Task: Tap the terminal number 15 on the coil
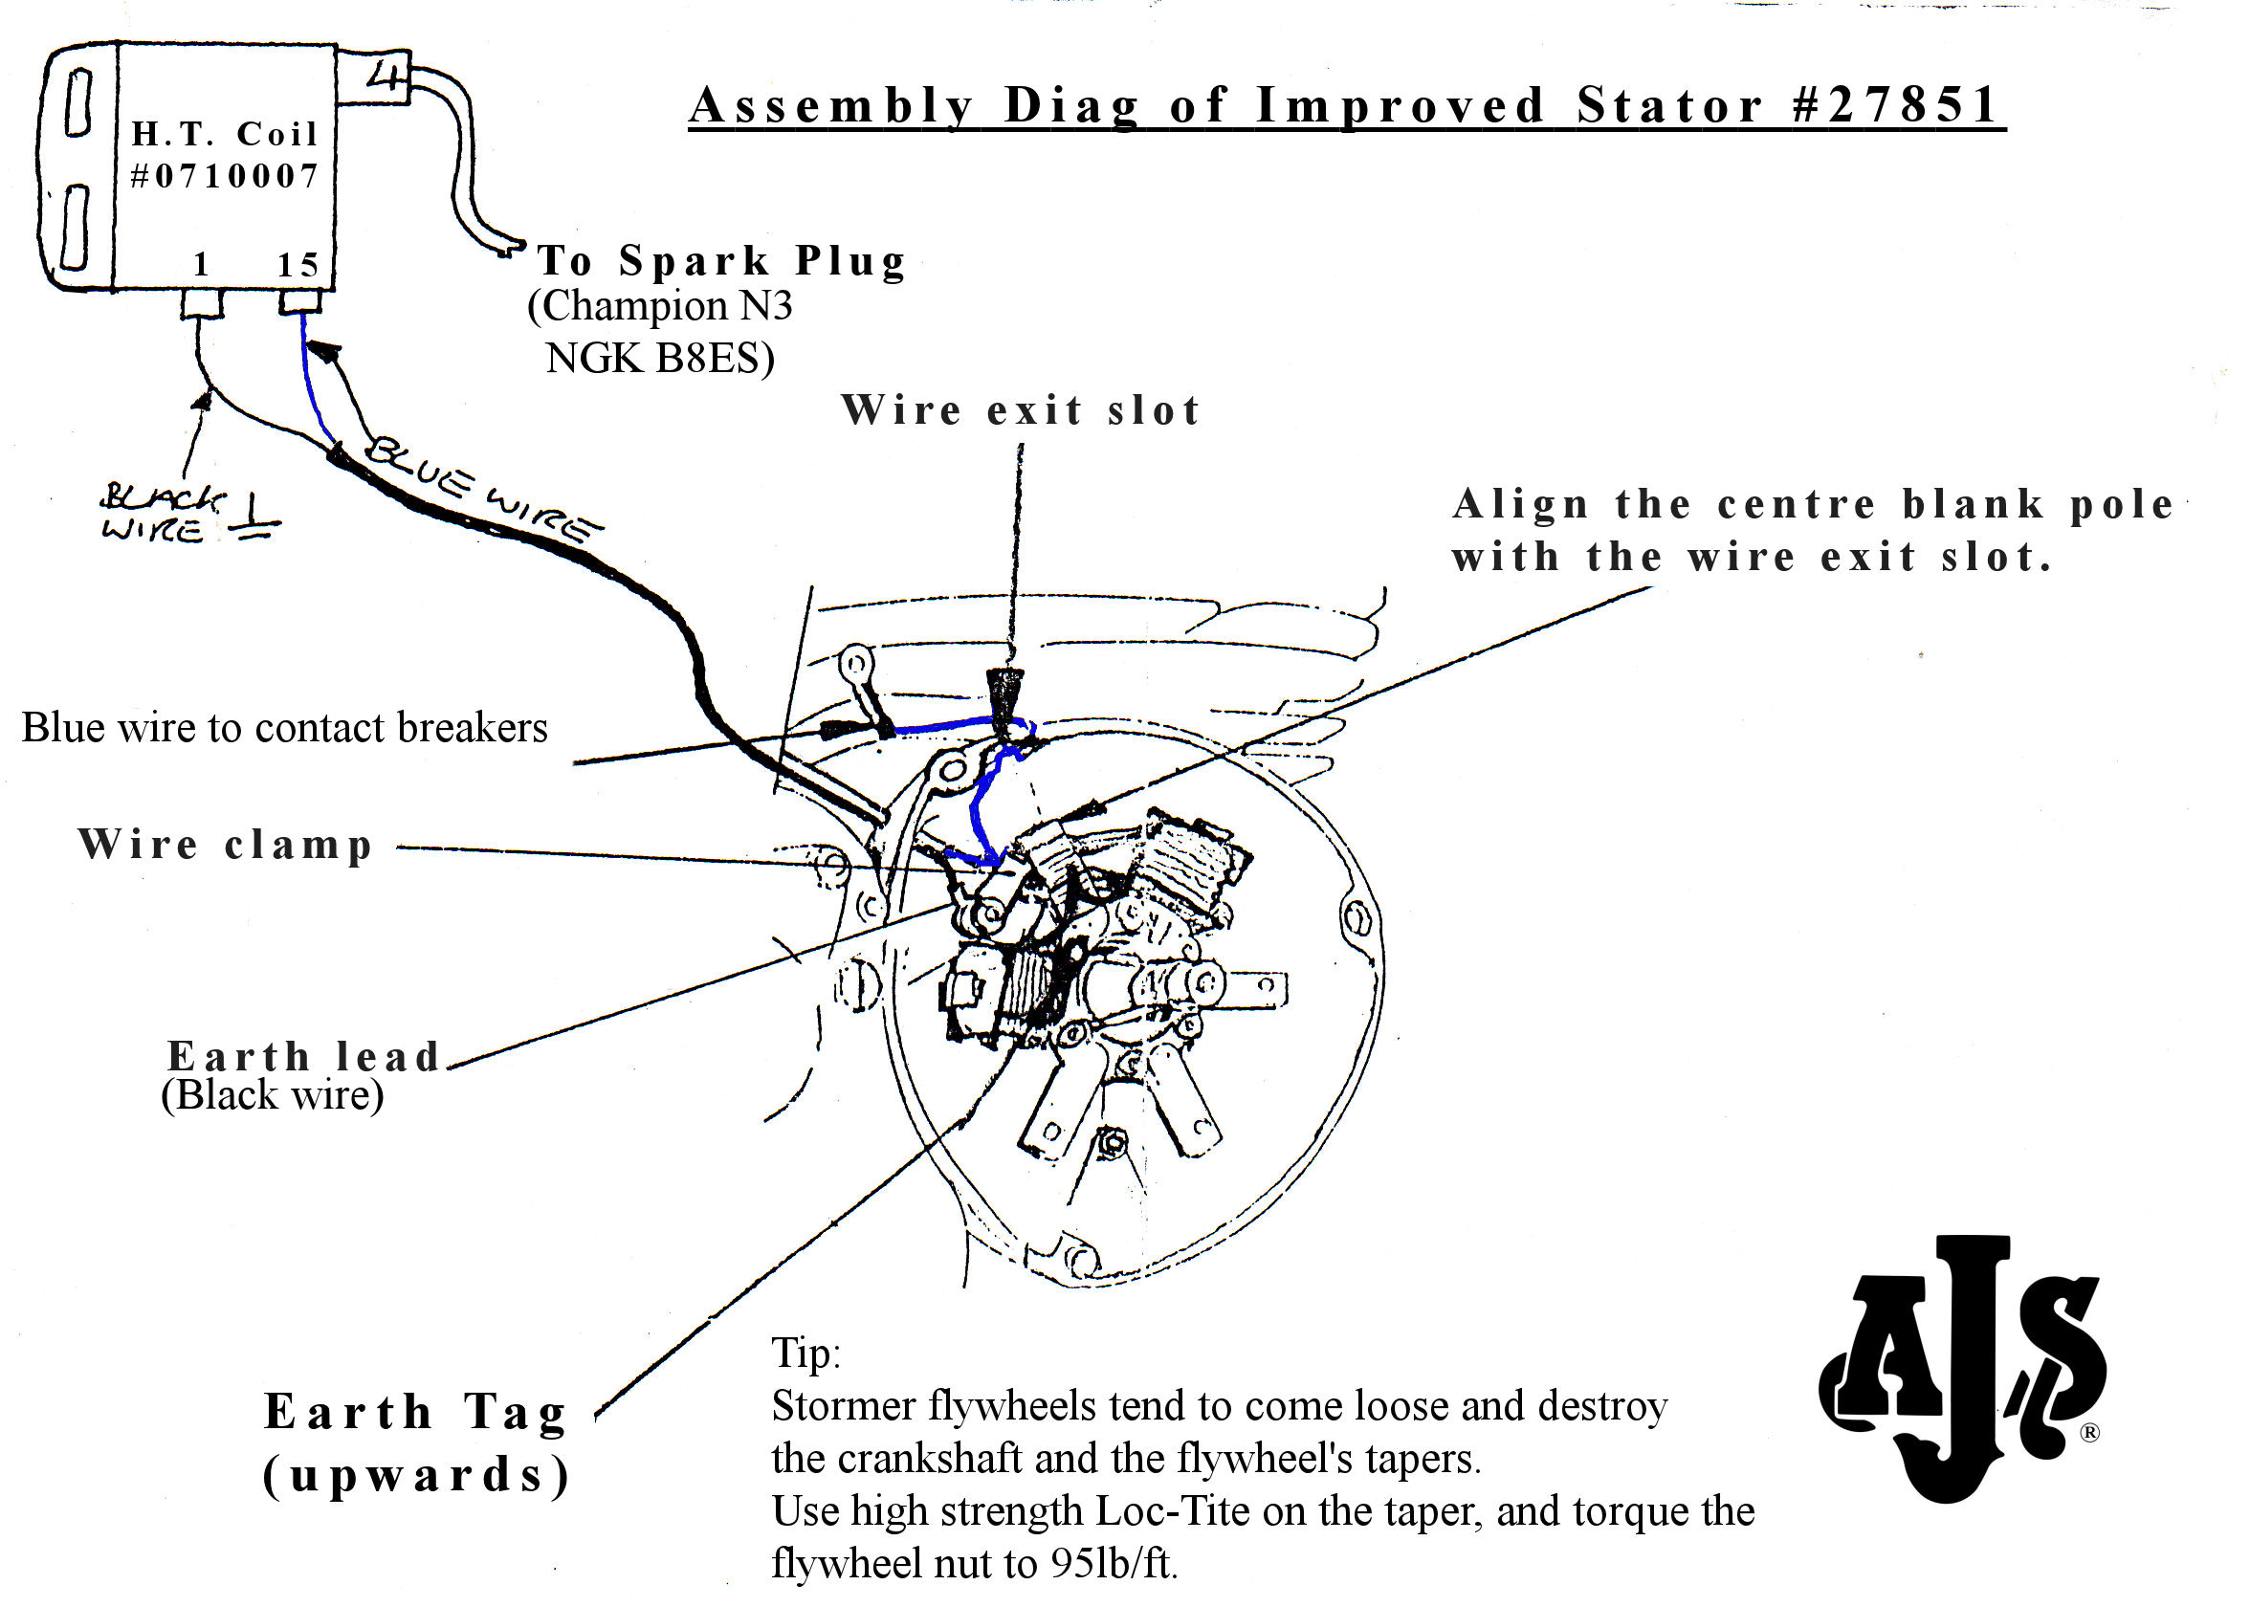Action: pyautogui.click(x=298, y=265)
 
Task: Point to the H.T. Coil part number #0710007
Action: pyautogui.click(x=225, y=176)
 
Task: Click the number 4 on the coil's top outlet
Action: pyautogui.click(x=386, y=76)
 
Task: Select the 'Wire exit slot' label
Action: pyautogui.click(x=1020, y=409)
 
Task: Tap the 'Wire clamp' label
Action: pyautogui.click(x=226, y=845)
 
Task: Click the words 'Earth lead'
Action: pyautogui.click(x=302, y=1057)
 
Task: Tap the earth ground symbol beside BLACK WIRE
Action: pyautogui.click(x=254, y=519)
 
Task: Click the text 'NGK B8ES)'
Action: pyautogui.click(x=660, y=358)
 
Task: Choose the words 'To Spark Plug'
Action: pyautogui.click(x=721, y=261)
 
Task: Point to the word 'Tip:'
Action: pyautogui.click(x=805, y=1352)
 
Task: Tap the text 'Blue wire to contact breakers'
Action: pyautogui.click(x=284, y=727)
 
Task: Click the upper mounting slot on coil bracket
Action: pyautogui.click(x=78, y=102)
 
